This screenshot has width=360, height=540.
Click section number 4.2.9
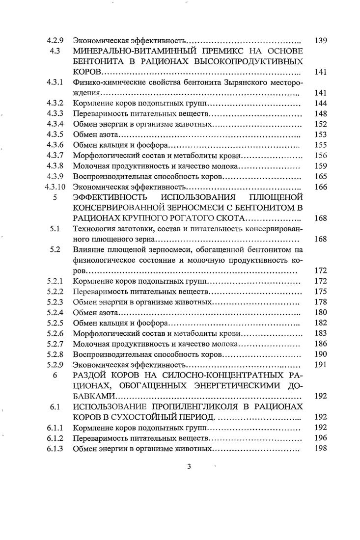coord(55,40)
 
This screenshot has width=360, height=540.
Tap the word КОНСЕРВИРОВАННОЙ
coord(123,208)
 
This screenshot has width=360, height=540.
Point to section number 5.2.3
coord(56,302)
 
